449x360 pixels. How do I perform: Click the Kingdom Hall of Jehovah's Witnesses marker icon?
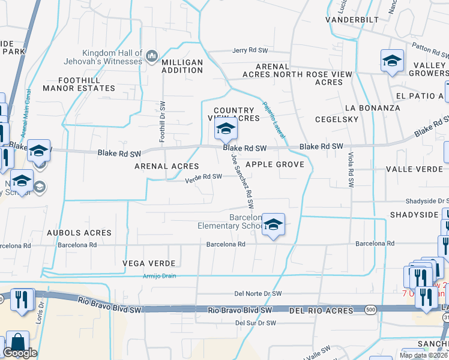point(152,58)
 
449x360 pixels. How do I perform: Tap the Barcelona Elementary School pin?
point(273,225)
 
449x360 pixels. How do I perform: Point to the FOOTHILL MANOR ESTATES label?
point(79,84)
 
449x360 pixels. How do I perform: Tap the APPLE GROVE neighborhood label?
point(275,164)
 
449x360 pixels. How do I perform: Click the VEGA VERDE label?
point(149,263)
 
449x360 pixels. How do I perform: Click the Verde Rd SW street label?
point(203,177)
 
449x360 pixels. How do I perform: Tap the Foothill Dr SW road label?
point(162,121)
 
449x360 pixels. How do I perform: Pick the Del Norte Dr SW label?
point(258,294)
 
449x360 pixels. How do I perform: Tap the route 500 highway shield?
point(371,308)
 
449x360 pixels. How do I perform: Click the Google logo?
point(20,353)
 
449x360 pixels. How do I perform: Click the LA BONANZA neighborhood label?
point(372,108)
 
